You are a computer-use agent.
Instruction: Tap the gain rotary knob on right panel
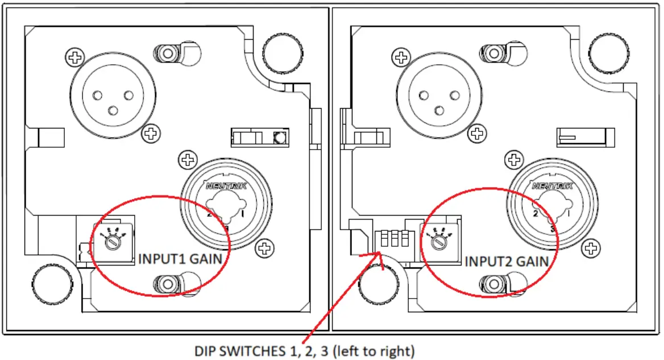[438, 241]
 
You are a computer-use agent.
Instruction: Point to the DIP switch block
[392, 238]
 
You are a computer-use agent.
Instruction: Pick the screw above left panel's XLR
[74, 56]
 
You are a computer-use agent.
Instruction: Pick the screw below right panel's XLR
[476, 134]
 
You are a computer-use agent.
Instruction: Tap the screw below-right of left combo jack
[264, 247]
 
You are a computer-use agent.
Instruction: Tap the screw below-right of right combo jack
[591, 247]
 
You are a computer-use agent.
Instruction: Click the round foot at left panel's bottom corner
[51, 281]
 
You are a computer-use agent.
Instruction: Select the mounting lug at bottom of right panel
[494, 282]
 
